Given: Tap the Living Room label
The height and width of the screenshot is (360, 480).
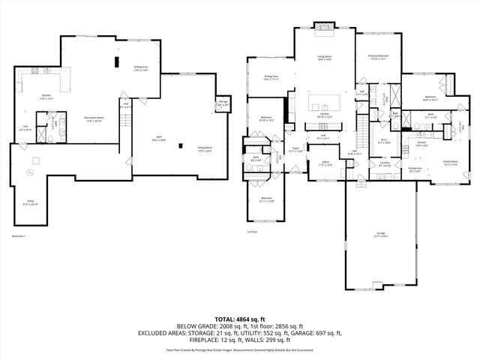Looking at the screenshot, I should pos(323,57).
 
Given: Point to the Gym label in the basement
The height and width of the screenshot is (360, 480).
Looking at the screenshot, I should pos(157,140).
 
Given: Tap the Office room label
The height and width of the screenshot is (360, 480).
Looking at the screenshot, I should pos(325,163).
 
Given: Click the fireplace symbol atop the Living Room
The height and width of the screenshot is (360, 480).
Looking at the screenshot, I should pos(323,28).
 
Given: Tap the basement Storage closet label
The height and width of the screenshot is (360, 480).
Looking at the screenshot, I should pos(223,103).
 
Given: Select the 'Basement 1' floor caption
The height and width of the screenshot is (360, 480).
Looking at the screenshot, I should pos(19,236).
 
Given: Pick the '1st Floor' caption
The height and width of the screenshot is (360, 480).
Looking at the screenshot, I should pos(253,232).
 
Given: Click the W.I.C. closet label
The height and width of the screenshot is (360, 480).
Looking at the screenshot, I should pos(383,140).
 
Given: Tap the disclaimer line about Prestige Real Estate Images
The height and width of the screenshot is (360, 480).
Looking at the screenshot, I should pos(240,349).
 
